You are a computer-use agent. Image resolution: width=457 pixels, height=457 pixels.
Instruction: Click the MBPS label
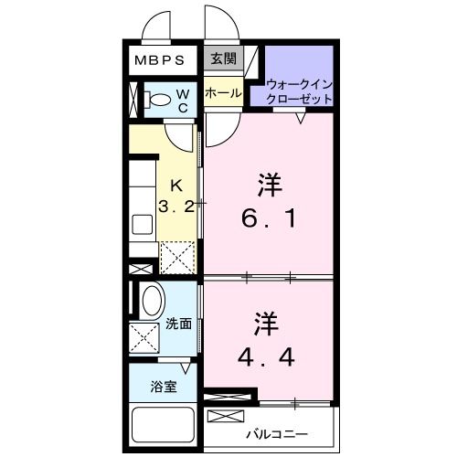[x=161, y=61]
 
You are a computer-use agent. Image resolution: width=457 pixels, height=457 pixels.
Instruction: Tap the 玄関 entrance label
[x=222, y=59]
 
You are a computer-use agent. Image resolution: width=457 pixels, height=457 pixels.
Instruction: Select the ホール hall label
[x=222, y=93]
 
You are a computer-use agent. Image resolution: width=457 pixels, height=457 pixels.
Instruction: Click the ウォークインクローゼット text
[x=303, y=90]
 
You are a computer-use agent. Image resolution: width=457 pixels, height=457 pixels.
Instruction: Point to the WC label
[x=182, y=101]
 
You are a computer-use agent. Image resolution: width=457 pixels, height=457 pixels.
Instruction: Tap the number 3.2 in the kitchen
[x=175, y=207]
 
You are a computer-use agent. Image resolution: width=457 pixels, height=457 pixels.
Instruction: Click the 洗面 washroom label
[x=178, y=324]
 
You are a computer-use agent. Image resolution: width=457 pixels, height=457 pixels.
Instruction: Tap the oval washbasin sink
[x=152, y=299]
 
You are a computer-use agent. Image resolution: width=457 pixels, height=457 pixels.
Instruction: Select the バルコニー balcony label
[x=276, y=433]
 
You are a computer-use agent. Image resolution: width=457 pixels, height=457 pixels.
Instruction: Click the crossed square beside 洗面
[x=144, y=338]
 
